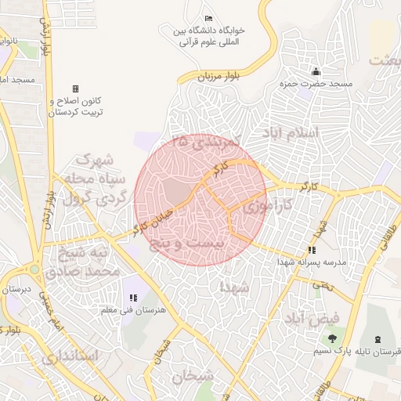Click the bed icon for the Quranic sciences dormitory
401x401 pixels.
208,18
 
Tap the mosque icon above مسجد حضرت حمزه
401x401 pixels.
316,72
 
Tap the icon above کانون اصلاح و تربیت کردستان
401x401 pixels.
75,89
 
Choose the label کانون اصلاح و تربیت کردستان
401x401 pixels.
76,108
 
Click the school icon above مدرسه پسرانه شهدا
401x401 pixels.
312,251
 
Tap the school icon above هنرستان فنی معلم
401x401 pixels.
133,298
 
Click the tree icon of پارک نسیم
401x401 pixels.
332,339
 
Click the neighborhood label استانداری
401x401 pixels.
69,356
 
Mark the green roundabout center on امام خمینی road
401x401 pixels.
34,269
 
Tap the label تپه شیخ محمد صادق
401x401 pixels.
82,263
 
